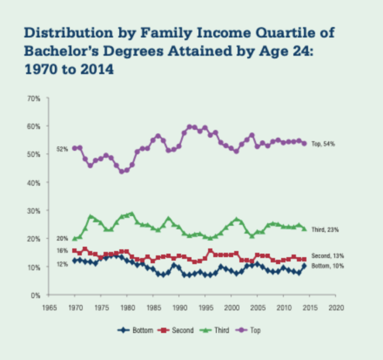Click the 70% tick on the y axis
click(33, 98)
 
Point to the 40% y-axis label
click(33, 183)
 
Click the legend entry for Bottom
click(137, 330)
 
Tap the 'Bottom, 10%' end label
click(328, 266)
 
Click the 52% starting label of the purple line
click(63, 149)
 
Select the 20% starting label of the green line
click(63, 239)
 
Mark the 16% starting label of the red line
click(62, 251)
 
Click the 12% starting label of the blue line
click(62, 264)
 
